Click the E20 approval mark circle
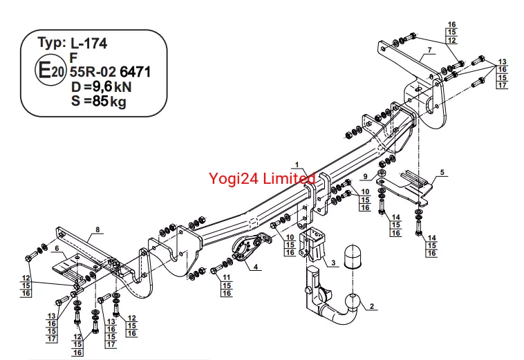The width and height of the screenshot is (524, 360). tap(50, 70)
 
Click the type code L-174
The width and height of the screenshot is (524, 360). tap(89, 44)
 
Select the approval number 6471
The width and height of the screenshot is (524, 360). tap(135, 72)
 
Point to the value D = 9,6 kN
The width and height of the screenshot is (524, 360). tap(101, 87)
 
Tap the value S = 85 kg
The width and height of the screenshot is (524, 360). tap(99, 101)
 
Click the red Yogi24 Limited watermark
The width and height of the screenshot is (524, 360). tap(262, 178)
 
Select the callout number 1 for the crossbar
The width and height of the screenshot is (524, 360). tap(297, 165)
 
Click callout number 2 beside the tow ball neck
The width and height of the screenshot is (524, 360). tap(372, 306)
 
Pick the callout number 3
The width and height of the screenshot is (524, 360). tap(333, 263)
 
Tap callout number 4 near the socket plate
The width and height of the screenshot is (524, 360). tap(256, 267)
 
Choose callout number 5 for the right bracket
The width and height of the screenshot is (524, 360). tap(442, 172)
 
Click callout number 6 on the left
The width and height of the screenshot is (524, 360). tap(57, 248)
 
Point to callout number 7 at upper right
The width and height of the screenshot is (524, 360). tap(430, 50)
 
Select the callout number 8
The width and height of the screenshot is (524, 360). tap(97, 229)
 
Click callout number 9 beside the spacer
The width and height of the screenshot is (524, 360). tap(365, 176)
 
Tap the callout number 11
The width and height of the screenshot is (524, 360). tap(227, 277)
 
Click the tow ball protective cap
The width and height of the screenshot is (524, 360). tap(353, 257)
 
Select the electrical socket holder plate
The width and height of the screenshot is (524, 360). tap(250, 249)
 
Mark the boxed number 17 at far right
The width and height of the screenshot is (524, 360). tap(503, 85)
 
